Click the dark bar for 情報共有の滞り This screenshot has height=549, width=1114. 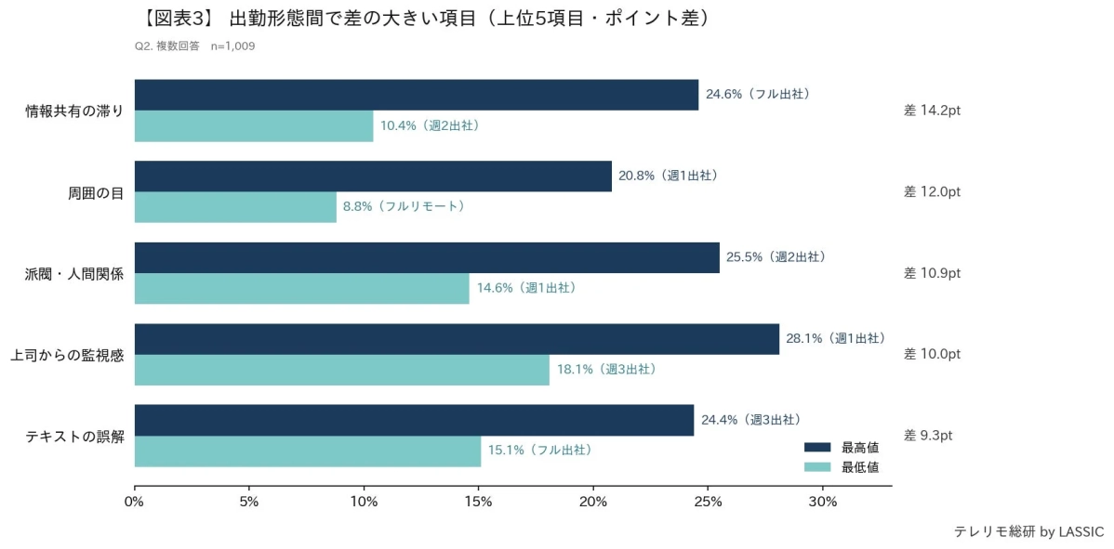[x=416, y=95]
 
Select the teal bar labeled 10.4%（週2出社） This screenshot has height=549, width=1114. [x=254, y=126]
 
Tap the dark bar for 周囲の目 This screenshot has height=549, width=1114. [x=373, y=176]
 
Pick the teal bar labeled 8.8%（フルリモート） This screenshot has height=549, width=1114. [x=235, y=207]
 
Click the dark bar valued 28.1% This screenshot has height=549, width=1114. [x=457, y=339]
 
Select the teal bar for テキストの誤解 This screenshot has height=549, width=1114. [x=308, y=451]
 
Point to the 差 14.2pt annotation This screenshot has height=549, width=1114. [x=932, y=111]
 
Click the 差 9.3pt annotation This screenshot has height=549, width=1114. [x=928, y=436]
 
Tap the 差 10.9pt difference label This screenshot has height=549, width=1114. [x=932, y=273]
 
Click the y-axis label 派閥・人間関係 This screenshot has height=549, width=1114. [x=74, y=274]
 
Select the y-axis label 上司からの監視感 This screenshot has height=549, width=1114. [x=67, y=355]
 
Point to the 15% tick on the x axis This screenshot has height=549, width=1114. [x=478, y=503]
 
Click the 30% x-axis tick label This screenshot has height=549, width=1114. [x=822, y=503]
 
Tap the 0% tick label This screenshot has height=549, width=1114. [x=135, y=503]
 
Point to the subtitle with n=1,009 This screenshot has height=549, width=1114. [x=195, y=46]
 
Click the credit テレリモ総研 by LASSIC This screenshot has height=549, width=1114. [x=1028, y=532]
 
